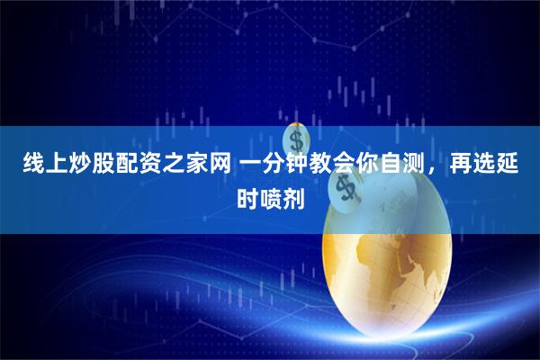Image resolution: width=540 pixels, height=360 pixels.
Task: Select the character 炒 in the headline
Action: pyautogui.click(x=69, y=166)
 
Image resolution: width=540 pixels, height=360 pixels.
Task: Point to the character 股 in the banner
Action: pyautogui.click(x=93, y=166)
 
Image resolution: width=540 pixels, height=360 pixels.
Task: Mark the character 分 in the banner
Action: pyautogui.click(x=266, y=166)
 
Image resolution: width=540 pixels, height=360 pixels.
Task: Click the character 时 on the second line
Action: pyautogui.click(x=247, y=195)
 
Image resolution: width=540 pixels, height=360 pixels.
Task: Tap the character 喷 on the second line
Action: pyautogui.click(x=270, y=195)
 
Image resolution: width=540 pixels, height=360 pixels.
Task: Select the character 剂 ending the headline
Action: pyautogui.click(x=293, y=195)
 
